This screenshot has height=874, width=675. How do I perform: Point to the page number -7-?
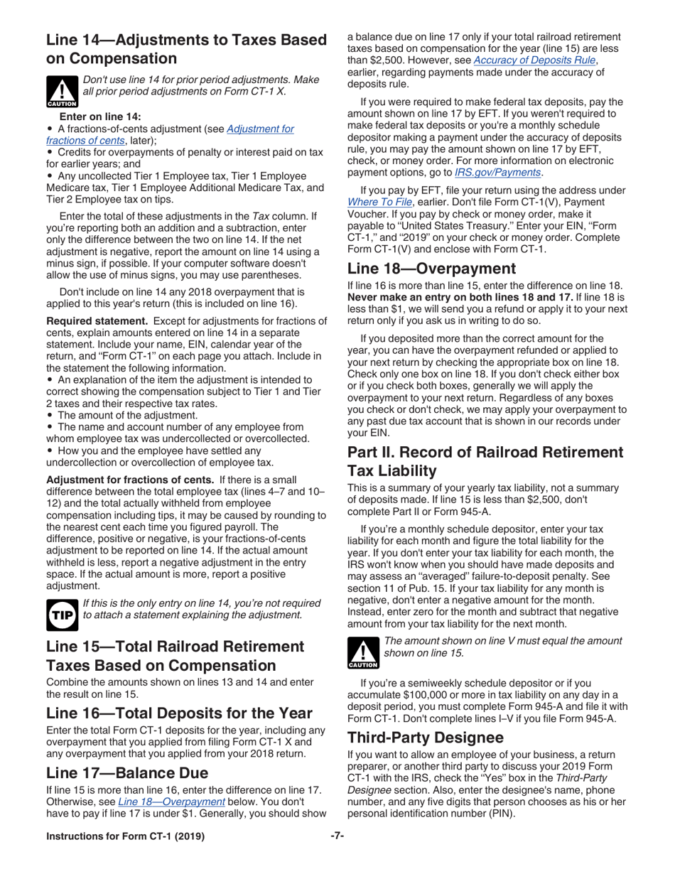(337, 854)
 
